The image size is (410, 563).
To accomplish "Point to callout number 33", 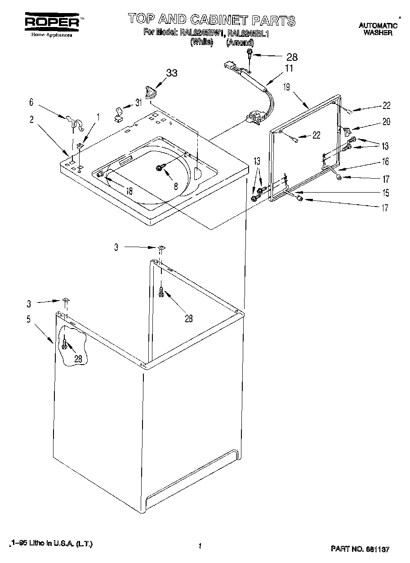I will [x=172, y=73].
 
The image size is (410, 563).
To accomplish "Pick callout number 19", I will [x=286, y=87].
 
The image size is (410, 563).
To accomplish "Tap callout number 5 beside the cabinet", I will [x=28, y=320].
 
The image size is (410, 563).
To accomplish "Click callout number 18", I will [x=129, y=190].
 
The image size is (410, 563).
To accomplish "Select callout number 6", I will [x=31, y=103].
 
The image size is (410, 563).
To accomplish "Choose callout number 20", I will [x=386, y=122].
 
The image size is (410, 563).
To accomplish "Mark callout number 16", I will [x=385, y=162].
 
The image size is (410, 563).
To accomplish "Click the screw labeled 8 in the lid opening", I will [x=159, y=167].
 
